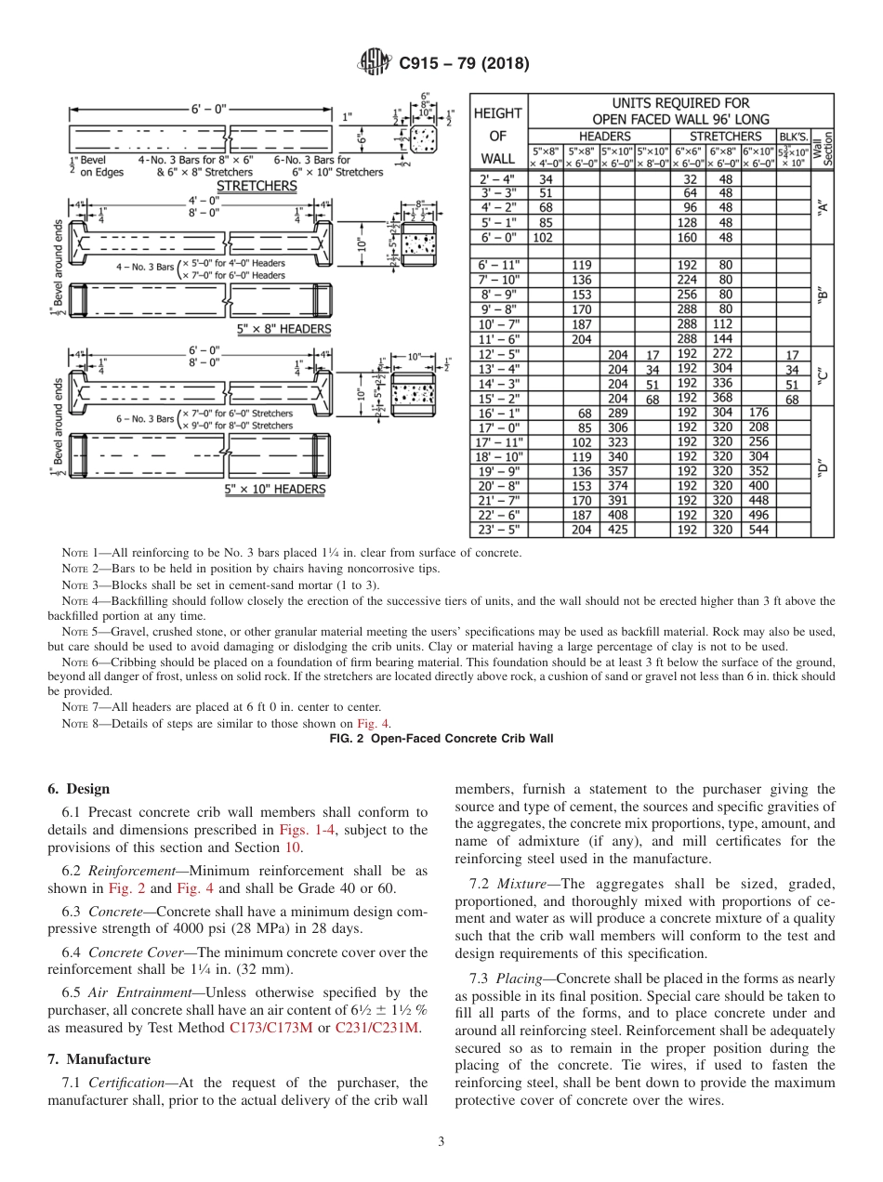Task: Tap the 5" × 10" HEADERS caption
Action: pyautogui.click(x=275, y=489)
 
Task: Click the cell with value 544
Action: pyautogui.click(x=758, y=530)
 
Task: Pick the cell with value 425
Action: pyautogui.click(x=617, y=530)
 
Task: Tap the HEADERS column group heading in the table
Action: pyautogui.click(x=600, y=137)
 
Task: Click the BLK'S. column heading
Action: pyautogui.click(x=793, y=137)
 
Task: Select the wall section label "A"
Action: pyautogui.click(x=823, y=207)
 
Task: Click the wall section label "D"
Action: pyautogui.click(x=823, y=469)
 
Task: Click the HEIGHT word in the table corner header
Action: pyautogui.click(x=499, y=112)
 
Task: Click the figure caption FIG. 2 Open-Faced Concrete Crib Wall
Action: pyautogui.click(x=441, y=739)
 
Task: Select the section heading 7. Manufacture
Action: pyautogui.click(x=99, y=1058)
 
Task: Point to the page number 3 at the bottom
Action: pyautogui.click(x=441, y=1141)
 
